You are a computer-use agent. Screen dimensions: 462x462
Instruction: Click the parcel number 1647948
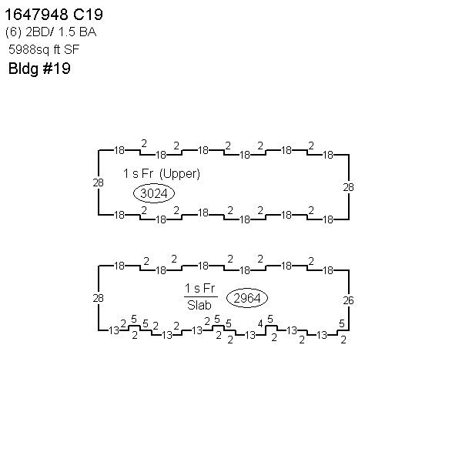(37, 15)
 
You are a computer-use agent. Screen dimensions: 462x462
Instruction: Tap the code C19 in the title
(88, 15)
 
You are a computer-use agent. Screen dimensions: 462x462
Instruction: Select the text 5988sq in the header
(28, 50)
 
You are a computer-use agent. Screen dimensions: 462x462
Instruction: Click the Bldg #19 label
(39, 69)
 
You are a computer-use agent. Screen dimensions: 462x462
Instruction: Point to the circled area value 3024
(154, 193)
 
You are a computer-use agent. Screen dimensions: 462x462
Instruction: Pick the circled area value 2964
(247, 298)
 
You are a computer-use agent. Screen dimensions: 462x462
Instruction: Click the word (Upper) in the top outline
(179, 173)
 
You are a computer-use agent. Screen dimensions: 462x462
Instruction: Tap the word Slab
(199, 305)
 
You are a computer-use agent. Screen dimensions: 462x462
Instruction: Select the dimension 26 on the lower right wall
(348, 300)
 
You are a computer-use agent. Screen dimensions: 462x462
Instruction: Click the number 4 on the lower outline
(260, 324)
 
